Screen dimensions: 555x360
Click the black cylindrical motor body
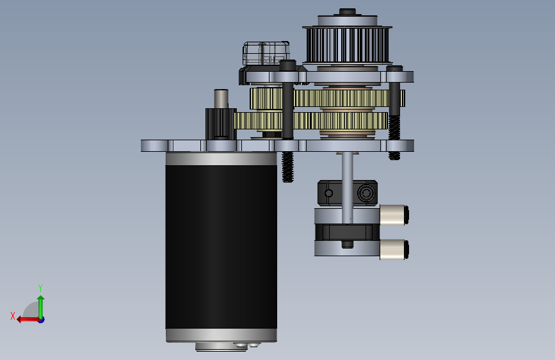(221, 247)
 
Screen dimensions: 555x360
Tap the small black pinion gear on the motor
(221, 124)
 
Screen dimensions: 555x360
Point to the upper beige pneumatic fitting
(394, 215)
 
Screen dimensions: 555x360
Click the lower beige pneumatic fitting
(394, 249)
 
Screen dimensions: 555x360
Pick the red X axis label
(13, 316)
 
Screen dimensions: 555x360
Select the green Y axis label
(40, 288)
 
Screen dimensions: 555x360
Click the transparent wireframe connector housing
(266, 54)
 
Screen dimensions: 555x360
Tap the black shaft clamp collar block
(347, 193)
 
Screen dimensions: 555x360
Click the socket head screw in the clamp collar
(366, 193)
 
